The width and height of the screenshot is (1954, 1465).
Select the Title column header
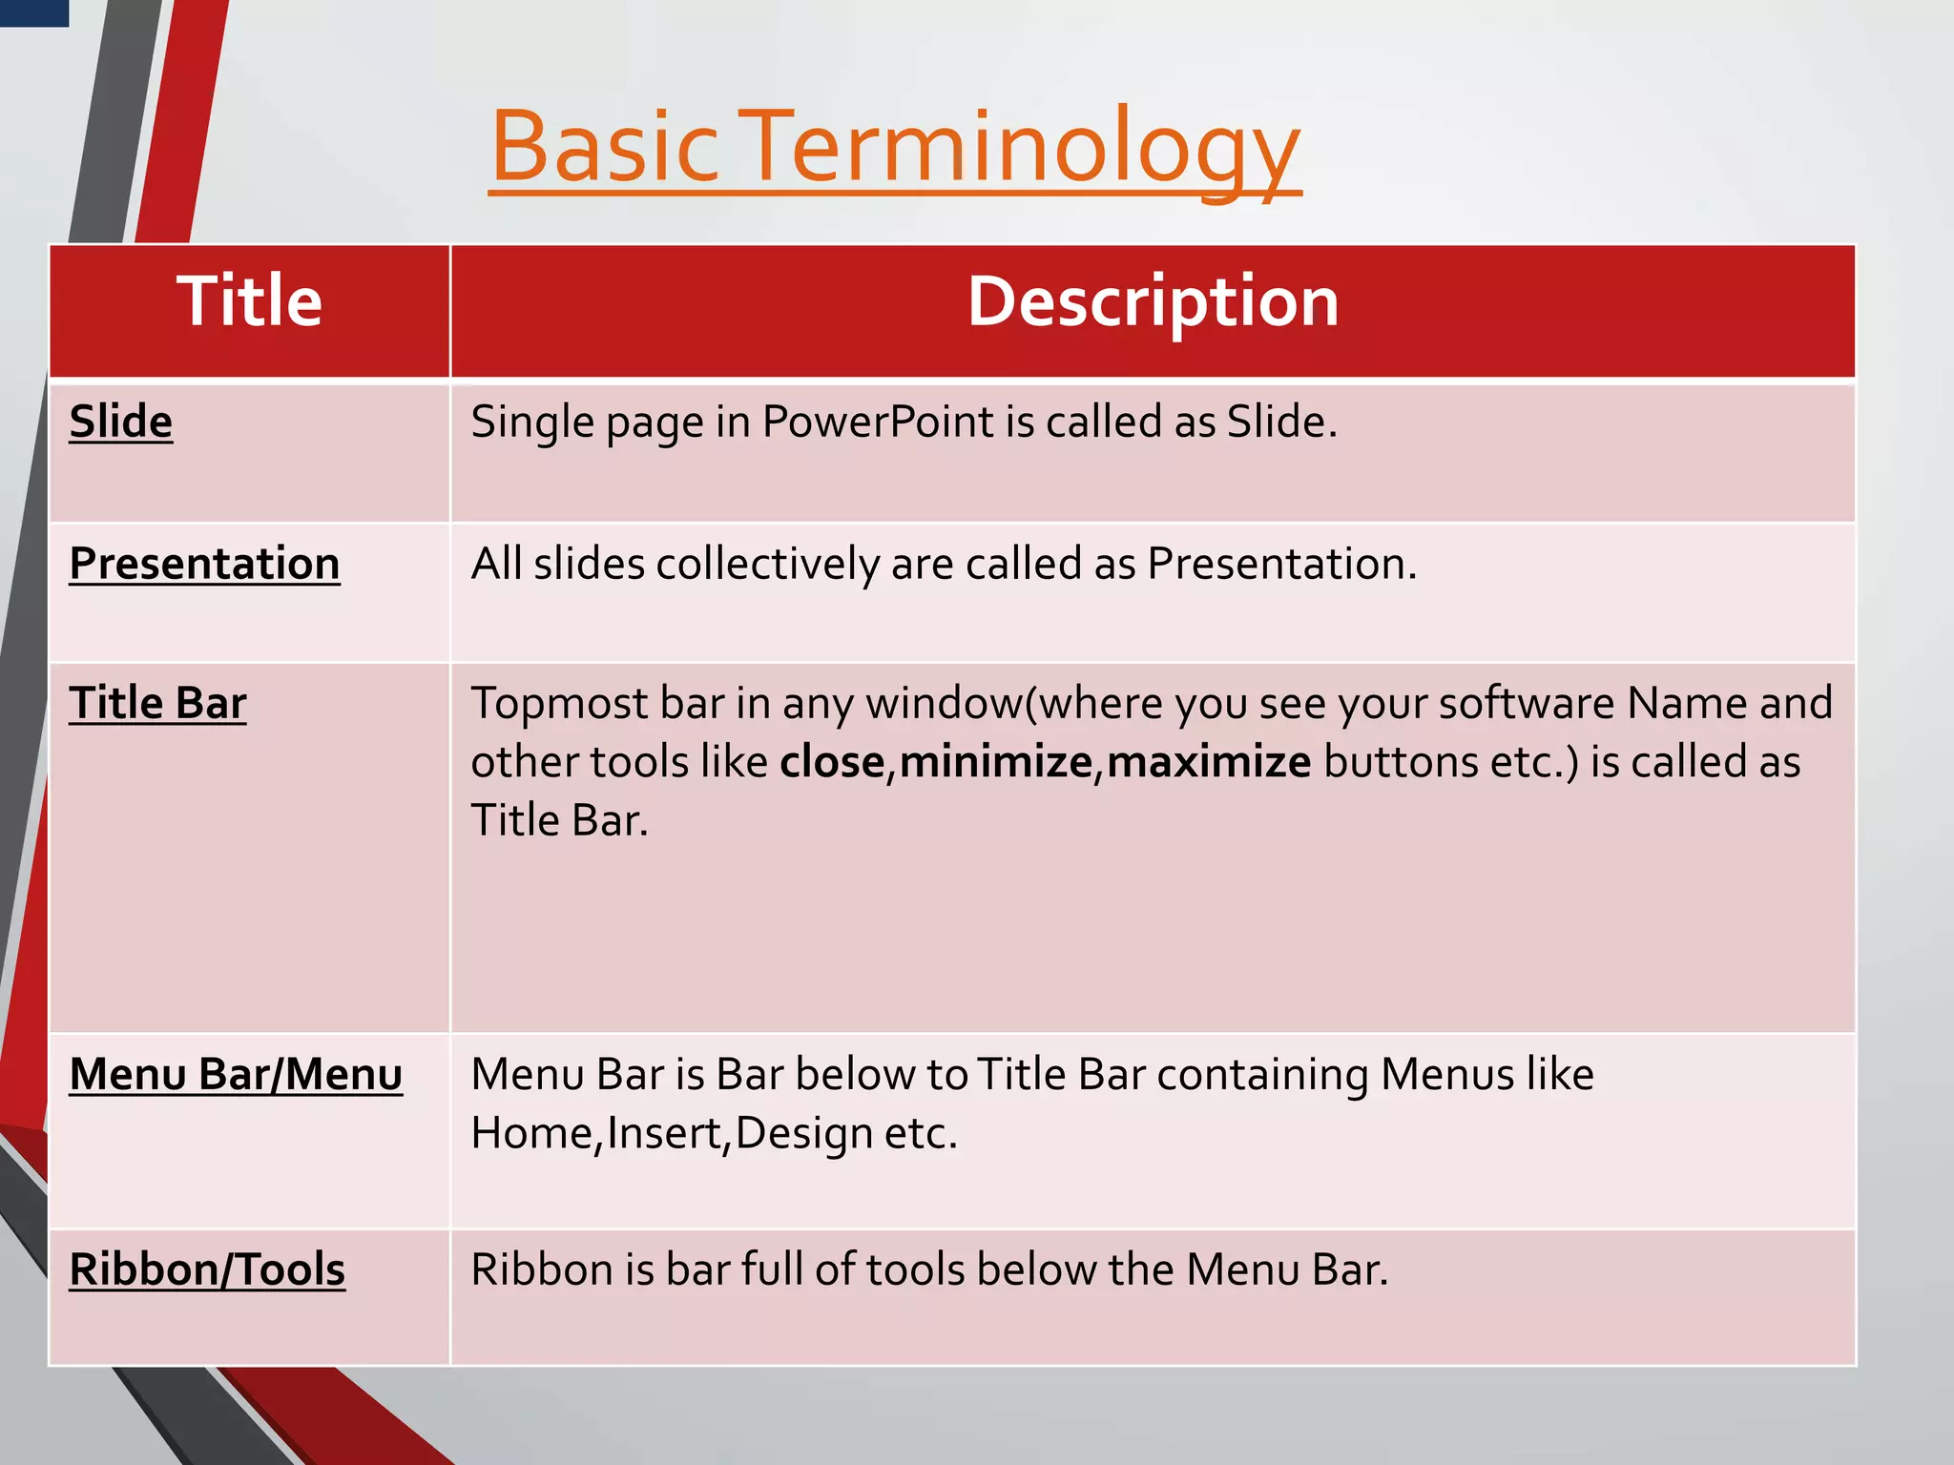pyautogui.click(x=249, y=301)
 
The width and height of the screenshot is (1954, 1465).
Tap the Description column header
pyautogui.click(x=1153, y=301)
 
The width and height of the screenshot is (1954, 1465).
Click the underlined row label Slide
pyautogui.click(x=121, y=422)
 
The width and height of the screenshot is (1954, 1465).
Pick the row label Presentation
pyautogui.click(x=204, y=563)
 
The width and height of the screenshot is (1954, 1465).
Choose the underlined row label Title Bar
pyautogui.click(x=157, y=703)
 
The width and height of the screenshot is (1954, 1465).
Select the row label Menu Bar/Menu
pyautogui.click(x=236, y=1074)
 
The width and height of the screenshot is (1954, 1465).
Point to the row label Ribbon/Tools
pyautogui.click(x=207, y=1269)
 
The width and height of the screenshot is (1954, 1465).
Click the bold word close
pyautogui.click(x=832, y=762)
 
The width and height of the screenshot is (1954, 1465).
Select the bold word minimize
pyautogui.click(x=995, y=762)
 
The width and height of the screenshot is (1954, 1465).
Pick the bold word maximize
pyautogui.click(x=1209, y=762)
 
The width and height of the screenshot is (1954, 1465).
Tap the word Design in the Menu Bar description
pyautogui.click(x=804, y=1134)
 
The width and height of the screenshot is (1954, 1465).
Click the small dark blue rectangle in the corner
pyautogui.click(x=33, y=12)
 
